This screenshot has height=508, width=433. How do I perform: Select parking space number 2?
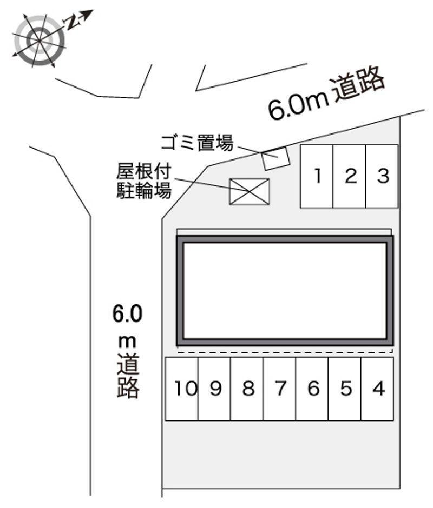350,176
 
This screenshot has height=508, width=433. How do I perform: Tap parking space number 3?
382,176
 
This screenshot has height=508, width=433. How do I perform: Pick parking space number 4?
378,389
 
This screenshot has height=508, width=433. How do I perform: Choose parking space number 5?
345,389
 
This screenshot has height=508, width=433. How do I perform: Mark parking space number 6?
312,389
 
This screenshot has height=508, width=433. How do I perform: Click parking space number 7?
280,389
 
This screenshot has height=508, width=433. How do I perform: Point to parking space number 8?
247,389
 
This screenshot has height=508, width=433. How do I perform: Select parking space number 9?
215,389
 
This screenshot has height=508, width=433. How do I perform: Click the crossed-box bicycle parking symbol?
249,191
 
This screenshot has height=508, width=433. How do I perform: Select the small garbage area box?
275,158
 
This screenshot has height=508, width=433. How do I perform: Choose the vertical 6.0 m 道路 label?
128,351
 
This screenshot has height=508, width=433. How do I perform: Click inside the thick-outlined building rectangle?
285,290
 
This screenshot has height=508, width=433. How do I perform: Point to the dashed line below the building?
285,352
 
